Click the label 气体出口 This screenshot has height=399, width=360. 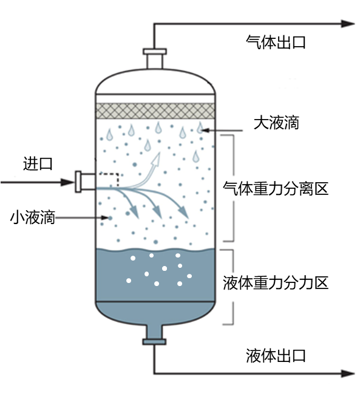276,43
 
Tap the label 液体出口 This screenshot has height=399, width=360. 276,355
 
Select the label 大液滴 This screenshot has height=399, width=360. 276,123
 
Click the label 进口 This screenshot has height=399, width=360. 38,163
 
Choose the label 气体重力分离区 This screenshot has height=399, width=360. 276,188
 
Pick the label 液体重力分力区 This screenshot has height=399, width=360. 276,283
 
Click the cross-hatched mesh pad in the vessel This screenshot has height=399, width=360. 155,111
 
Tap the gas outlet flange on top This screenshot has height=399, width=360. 155,52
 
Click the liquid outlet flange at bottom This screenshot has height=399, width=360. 154,341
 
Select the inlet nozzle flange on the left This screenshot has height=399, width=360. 78,182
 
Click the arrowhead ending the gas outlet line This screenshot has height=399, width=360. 347,24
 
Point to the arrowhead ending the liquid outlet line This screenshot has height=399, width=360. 347,373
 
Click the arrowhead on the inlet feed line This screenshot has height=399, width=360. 67,182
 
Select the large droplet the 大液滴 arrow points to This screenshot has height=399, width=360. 200,128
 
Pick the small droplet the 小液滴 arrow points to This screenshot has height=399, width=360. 110,218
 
